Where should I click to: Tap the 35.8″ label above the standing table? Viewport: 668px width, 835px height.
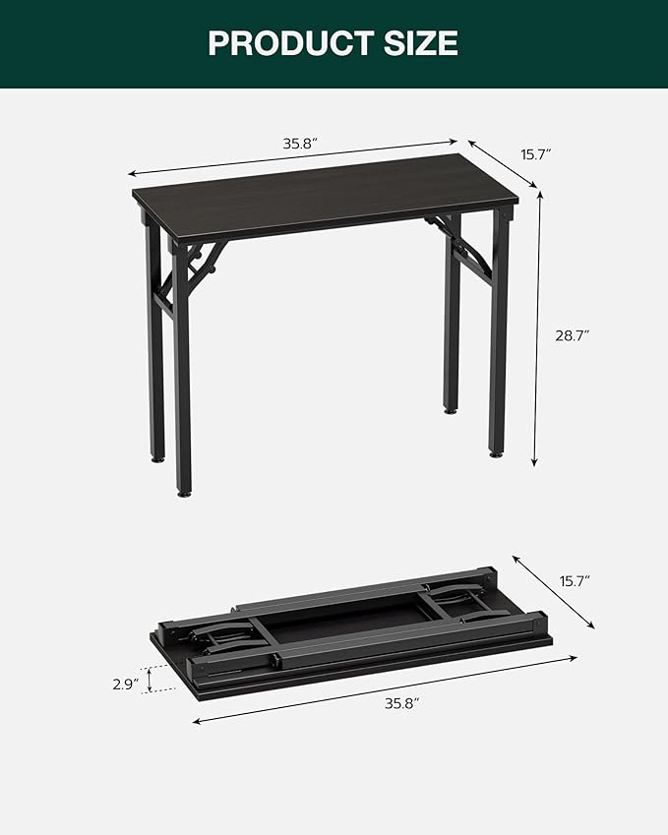300,144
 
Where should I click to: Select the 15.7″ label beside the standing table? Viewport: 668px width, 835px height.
536,154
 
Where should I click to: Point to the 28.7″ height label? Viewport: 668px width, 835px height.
572,335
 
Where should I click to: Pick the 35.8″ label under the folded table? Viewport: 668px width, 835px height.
402,702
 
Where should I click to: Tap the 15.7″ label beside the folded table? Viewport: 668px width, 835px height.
577,580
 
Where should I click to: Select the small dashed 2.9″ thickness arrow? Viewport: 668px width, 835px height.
149,680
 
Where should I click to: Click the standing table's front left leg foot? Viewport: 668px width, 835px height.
183,489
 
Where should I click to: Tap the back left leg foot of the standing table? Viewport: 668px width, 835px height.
157,456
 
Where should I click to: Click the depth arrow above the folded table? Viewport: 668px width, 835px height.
553,590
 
